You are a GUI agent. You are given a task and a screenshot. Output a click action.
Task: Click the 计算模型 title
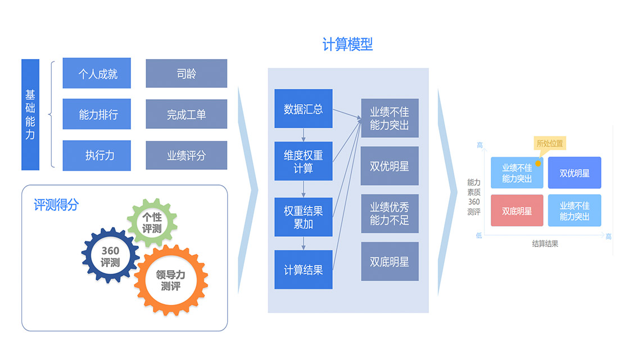tap(347, 45)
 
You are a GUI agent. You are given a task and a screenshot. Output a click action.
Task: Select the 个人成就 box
tap(97, 73)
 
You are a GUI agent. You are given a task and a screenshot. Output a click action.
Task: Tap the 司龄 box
tap(186, 73)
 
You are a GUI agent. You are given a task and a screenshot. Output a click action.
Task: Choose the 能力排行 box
tap(97, 114)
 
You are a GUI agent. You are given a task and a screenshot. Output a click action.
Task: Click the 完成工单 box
tap(186, 114)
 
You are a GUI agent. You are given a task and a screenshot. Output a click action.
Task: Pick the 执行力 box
tap(97, 155)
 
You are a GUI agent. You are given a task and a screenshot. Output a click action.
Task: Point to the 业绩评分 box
tap(186, 155)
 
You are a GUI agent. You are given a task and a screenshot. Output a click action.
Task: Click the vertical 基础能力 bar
tap(30, 114)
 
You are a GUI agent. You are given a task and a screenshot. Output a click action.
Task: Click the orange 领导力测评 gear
tap(170, 280)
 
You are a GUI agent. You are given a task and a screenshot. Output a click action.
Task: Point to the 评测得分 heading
tap(56, 205)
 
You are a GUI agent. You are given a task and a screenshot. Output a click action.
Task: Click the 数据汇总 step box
tap(303, 109)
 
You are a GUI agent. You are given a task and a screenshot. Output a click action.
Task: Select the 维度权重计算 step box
tap(303, 161)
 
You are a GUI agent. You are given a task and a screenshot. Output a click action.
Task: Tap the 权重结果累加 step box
tap(303, 217)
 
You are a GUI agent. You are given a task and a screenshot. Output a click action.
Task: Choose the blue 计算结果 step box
tap(303, 269)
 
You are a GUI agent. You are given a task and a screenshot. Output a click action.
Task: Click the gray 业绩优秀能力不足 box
tap(390, 213)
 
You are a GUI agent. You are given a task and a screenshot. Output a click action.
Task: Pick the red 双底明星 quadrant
tap(517, 211)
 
